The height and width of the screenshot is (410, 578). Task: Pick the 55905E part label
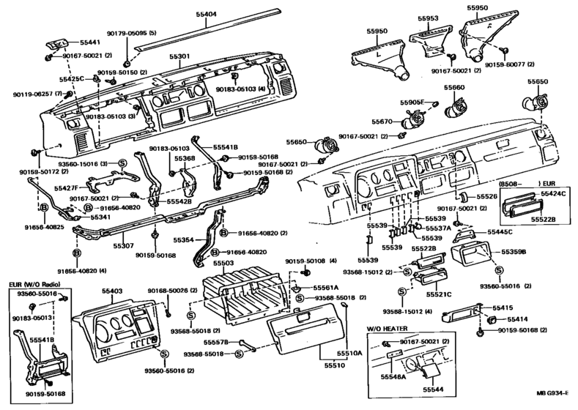tap(413, 102)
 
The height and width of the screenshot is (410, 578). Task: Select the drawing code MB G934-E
tap(554, 402)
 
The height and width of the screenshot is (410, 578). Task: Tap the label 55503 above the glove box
tap(223, 262)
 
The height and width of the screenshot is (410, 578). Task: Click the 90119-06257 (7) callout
tap(29, 95)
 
